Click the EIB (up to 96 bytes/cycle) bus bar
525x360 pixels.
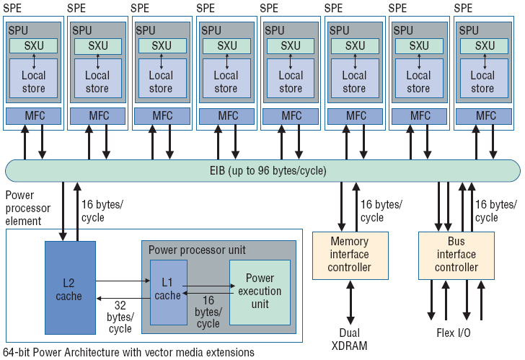tap(262, 171)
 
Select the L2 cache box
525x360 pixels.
tap(71, 288)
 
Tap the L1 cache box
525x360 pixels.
tap(169, 292)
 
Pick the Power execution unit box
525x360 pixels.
tap(260, 292)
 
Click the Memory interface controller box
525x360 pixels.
tap(350, 255)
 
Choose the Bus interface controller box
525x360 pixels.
tap(456, 255)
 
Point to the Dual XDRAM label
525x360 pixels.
tap(349, 339)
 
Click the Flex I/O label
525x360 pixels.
tap(454, 333)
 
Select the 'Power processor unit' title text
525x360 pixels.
tap(197, 250)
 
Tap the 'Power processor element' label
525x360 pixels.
tap(28, 208)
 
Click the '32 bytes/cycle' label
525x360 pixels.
tap(120, 317)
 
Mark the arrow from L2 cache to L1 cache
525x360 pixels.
tap(123, 281)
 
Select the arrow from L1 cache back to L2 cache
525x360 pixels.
tap(123, 298)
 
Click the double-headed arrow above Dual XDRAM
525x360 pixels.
tap(350, 302)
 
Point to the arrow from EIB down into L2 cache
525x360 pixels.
tap(63, 211)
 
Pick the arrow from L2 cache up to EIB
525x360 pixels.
tap(77, 211)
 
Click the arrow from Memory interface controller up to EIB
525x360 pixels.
tap(356, 207)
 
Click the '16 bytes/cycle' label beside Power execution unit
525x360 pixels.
tap(208, 312)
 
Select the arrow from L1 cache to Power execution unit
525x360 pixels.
tap(208, 286)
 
